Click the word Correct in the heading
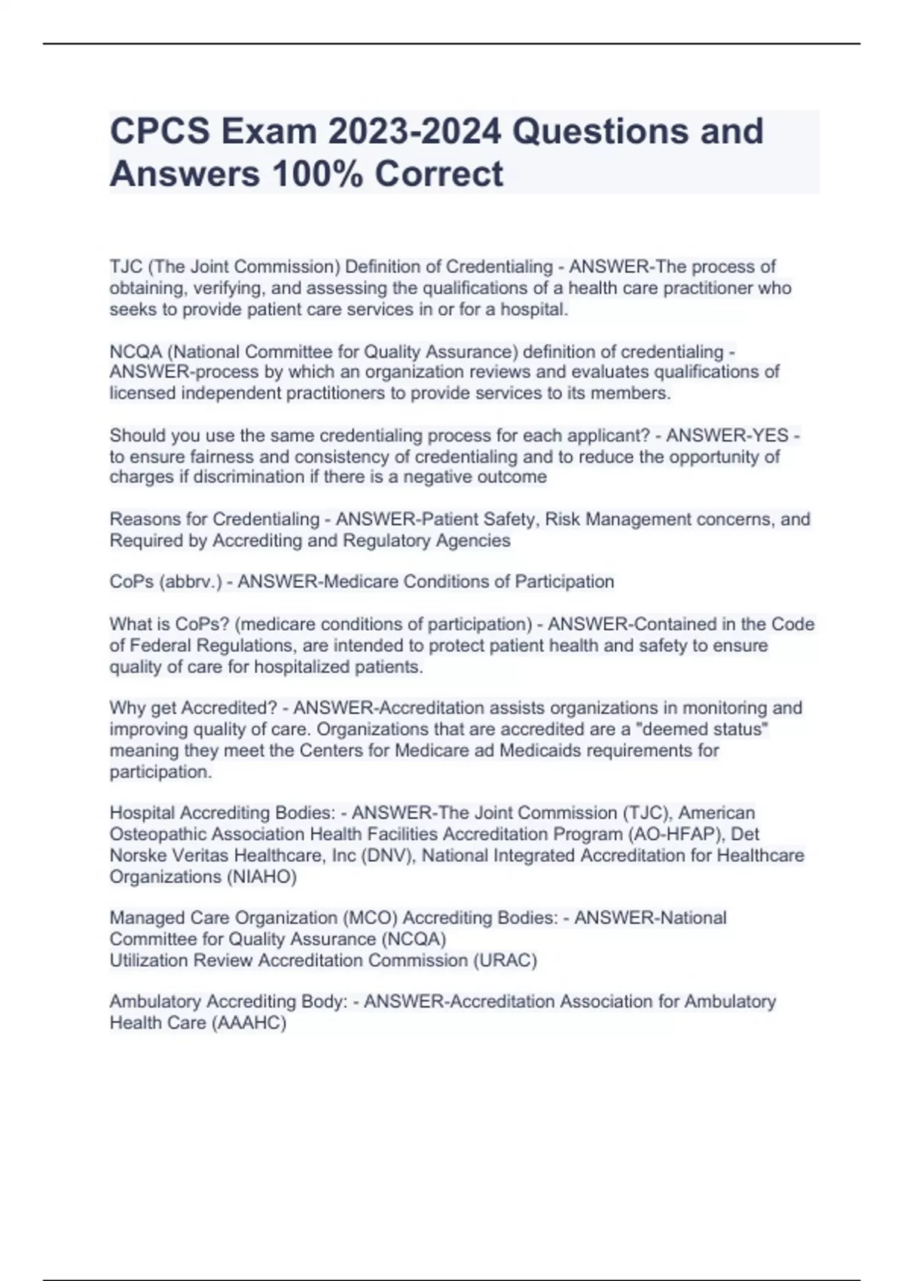(438, 174)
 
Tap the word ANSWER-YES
(727, 436)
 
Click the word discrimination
(249, 477)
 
